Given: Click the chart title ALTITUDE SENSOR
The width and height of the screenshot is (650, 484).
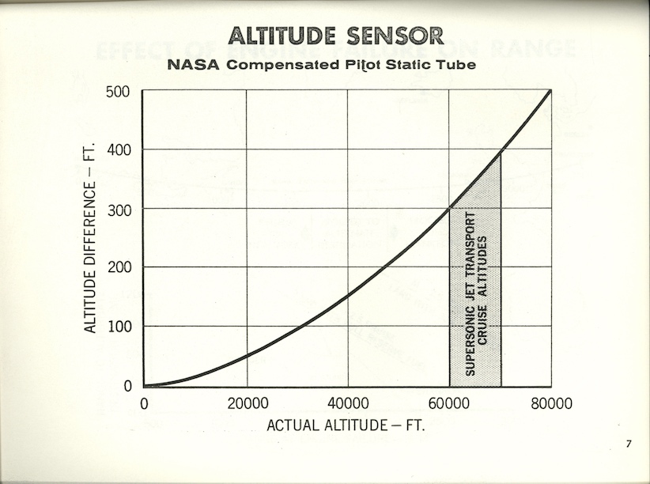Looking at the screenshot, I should point(335,36).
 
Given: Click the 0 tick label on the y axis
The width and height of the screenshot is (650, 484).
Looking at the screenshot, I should point(128,386).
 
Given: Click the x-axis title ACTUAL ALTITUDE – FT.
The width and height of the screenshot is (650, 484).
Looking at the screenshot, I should point(346,425).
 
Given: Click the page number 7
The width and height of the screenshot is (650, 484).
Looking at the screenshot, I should point(629,444).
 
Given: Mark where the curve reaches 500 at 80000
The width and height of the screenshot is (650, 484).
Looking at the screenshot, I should point(550,91).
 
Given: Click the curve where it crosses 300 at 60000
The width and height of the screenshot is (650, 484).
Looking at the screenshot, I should point(450,208).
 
